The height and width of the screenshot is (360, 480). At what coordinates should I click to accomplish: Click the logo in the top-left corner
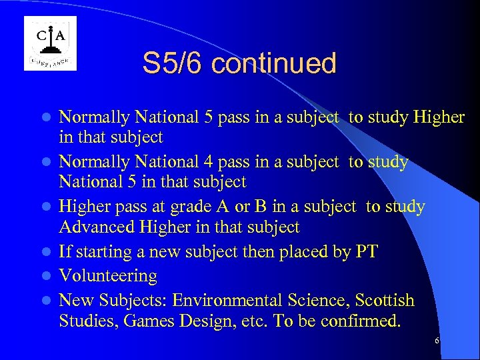point(50,43)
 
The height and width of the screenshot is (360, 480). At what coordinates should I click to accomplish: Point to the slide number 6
point(437,341)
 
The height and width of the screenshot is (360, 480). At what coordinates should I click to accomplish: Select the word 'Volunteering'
point(108,275)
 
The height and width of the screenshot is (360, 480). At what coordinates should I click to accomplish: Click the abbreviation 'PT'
point(367,253)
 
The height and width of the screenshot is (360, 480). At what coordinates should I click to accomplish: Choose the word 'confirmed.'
point(360,321)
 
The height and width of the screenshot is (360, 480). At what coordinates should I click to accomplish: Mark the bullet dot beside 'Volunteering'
point(46,276)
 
